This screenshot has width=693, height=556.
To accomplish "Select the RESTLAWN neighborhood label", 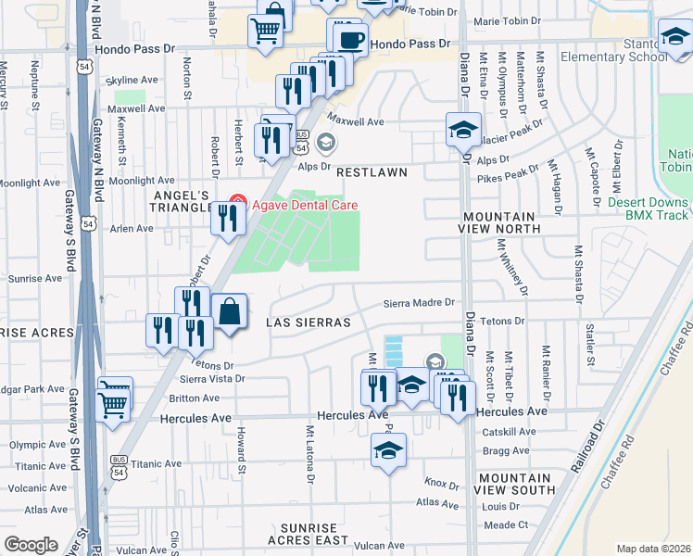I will (372, 173).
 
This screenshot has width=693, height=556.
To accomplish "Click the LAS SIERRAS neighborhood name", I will (309, 322).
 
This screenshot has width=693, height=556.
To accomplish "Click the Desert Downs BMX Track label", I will (649, 208).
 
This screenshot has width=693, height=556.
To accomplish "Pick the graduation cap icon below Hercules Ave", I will (388, 451).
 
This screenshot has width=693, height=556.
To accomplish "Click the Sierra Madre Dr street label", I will (421, 303).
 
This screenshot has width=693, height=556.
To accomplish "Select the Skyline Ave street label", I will (134, 81).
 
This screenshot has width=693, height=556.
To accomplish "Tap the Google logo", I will (31, 545).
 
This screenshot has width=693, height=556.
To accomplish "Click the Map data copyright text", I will (652, 549).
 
